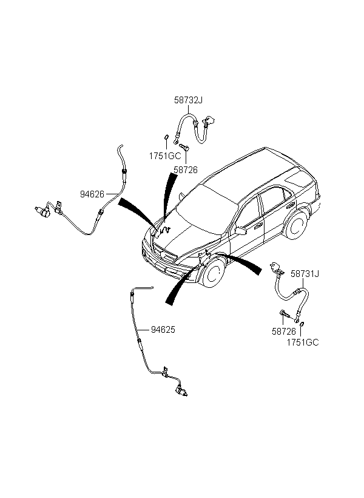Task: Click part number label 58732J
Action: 188,100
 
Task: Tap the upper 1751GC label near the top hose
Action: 164,156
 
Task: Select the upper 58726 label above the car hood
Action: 186,170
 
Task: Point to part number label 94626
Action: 92,194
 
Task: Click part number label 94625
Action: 163,330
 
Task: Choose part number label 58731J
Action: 305,273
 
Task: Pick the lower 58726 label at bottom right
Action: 284,332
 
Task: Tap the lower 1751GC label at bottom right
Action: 303,343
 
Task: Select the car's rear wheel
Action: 297,225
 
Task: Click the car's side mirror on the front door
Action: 241,231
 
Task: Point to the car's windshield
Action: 207,210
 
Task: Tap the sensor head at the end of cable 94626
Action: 42,211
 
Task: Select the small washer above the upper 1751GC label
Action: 166,137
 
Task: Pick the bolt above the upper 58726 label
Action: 184,147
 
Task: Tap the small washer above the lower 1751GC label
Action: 302,324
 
